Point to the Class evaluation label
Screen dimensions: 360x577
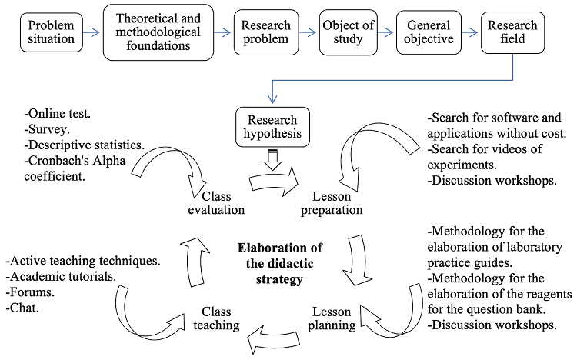click(x=218, y=202)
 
